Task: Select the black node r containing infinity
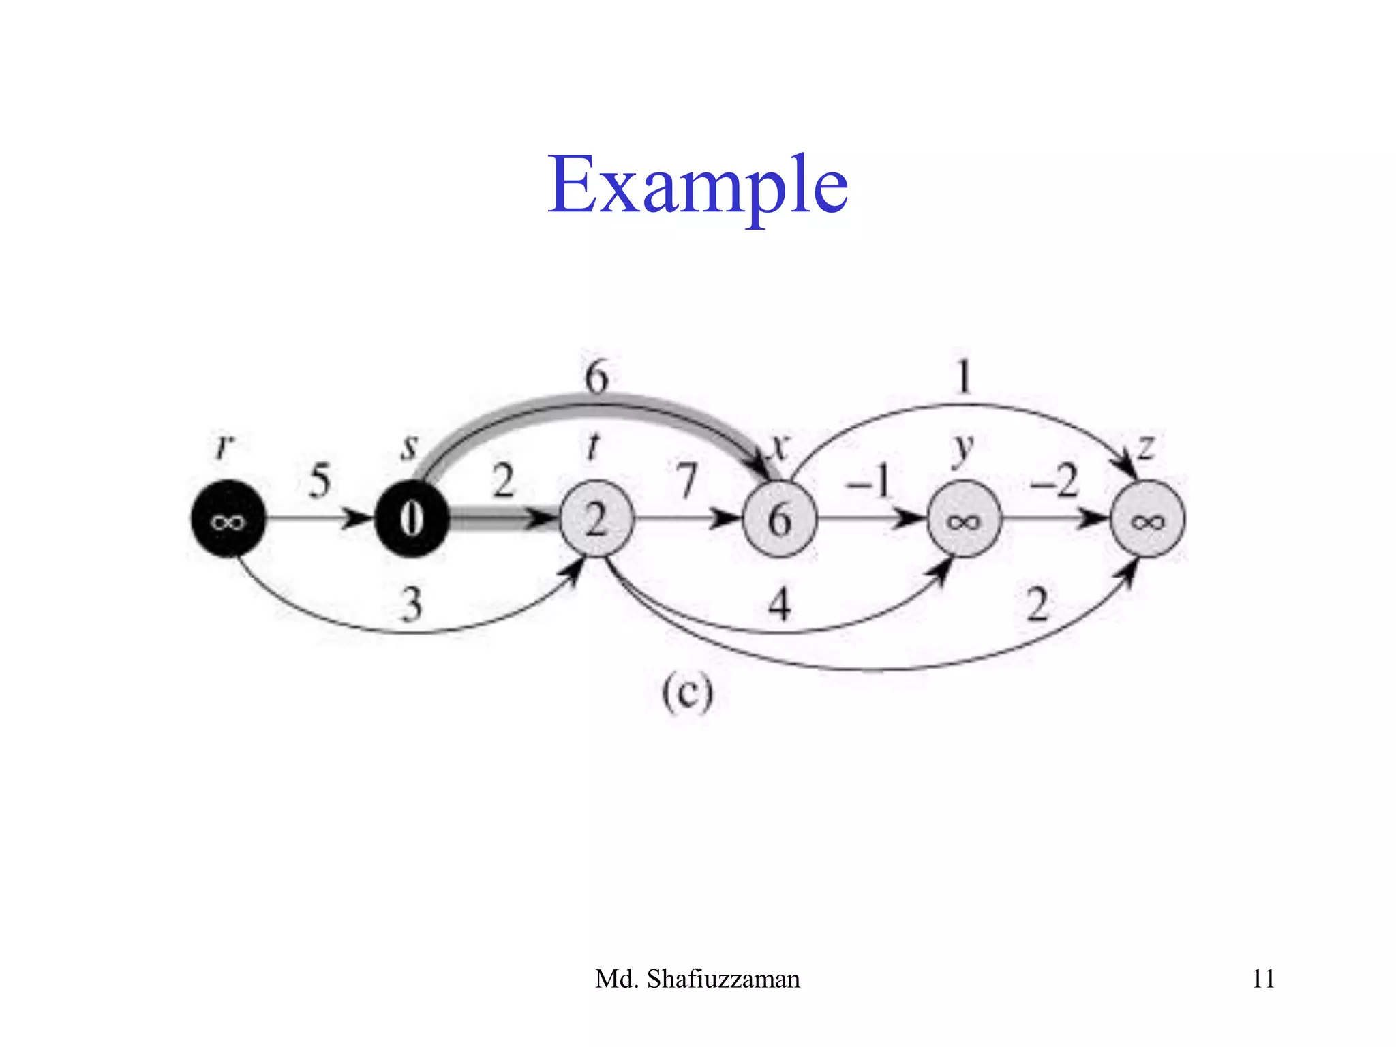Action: (x=228, y=519)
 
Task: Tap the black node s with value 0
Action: (x=412, y=519)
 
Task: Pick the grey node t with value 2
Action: (x=596, y=519)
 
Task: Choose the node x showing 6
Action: (x=780, y=519)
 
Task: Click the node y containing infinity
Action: (x=964, y=519)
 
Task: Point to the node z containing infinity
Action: (x=1148, y=519)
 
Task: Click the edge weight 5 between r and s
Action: (x=320, y=481)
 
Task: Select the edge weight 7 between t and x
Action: (x=687, y=481)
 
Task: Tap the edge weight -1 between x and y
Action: (x=868, y=481)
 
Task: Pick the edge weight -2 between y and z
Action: (x=1054, y=481)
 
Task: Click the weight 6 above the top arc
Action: (x=596, y=376)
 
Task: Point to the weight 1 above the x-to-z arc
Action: (x=963, y=376)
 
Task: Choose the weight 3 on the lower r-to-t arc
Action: (x=411, y=605)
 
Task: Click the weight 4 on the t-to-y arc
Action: (x=779, y=605)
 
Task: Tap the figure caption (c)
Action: (x=687, y=694)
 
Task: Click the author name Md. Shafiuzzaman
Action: (x=697, y=979)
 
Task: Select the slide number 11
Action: (x=1263, y=979)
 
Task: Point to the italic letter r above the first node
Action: (x=224, y=446)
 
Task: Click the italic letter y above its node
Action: (x=962, y=450)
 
